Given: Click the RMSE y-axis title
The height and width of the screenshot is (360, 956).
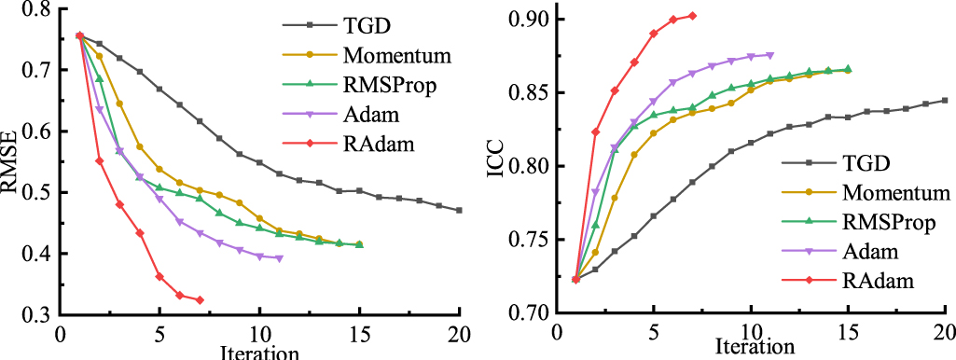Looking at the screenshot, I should pos(11,164).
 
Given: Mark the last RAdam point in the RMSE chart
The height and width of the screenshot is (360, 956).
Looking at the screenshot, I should pos(200,300).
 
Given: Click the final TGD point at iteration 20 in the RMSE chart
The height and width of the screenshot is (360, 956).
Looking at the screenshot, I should pos(459,211).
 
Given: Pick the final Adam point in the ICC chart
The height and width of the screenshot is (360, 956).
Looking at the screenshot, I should pos(770,55).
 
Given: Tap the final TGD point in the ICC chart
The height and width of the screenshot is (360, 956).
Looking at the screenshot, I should pos(945,101).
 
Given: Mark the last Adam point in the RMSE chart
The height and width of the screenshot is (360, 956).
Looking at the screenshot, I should pos(279,258).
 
